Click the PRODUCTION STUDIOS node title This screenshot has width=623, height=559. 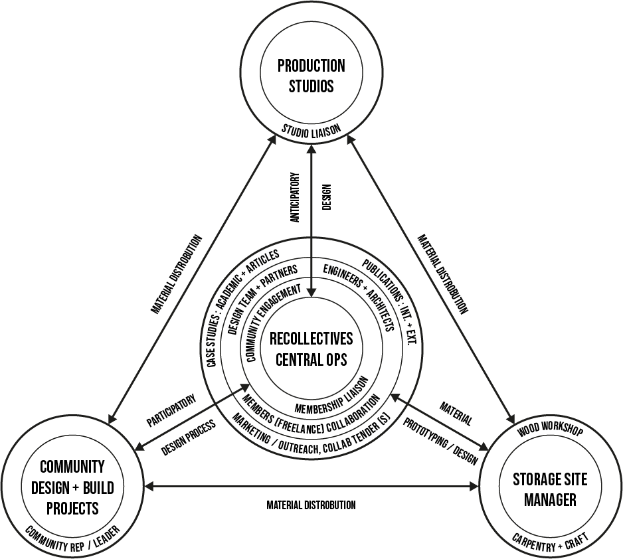click(311, 76)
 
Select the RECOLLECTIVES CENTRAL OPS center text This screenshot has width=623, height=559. click(311, 349)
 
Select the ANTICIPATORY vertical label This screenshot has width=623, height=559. click(295, 197)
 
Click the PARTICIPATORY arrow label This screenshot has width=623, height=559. click(171, 410)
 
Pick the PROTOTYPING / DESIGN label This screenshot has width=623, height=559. click(440, 441)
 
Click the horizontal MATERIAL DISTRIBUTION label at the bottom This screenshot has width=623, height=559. click(311, 505)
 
